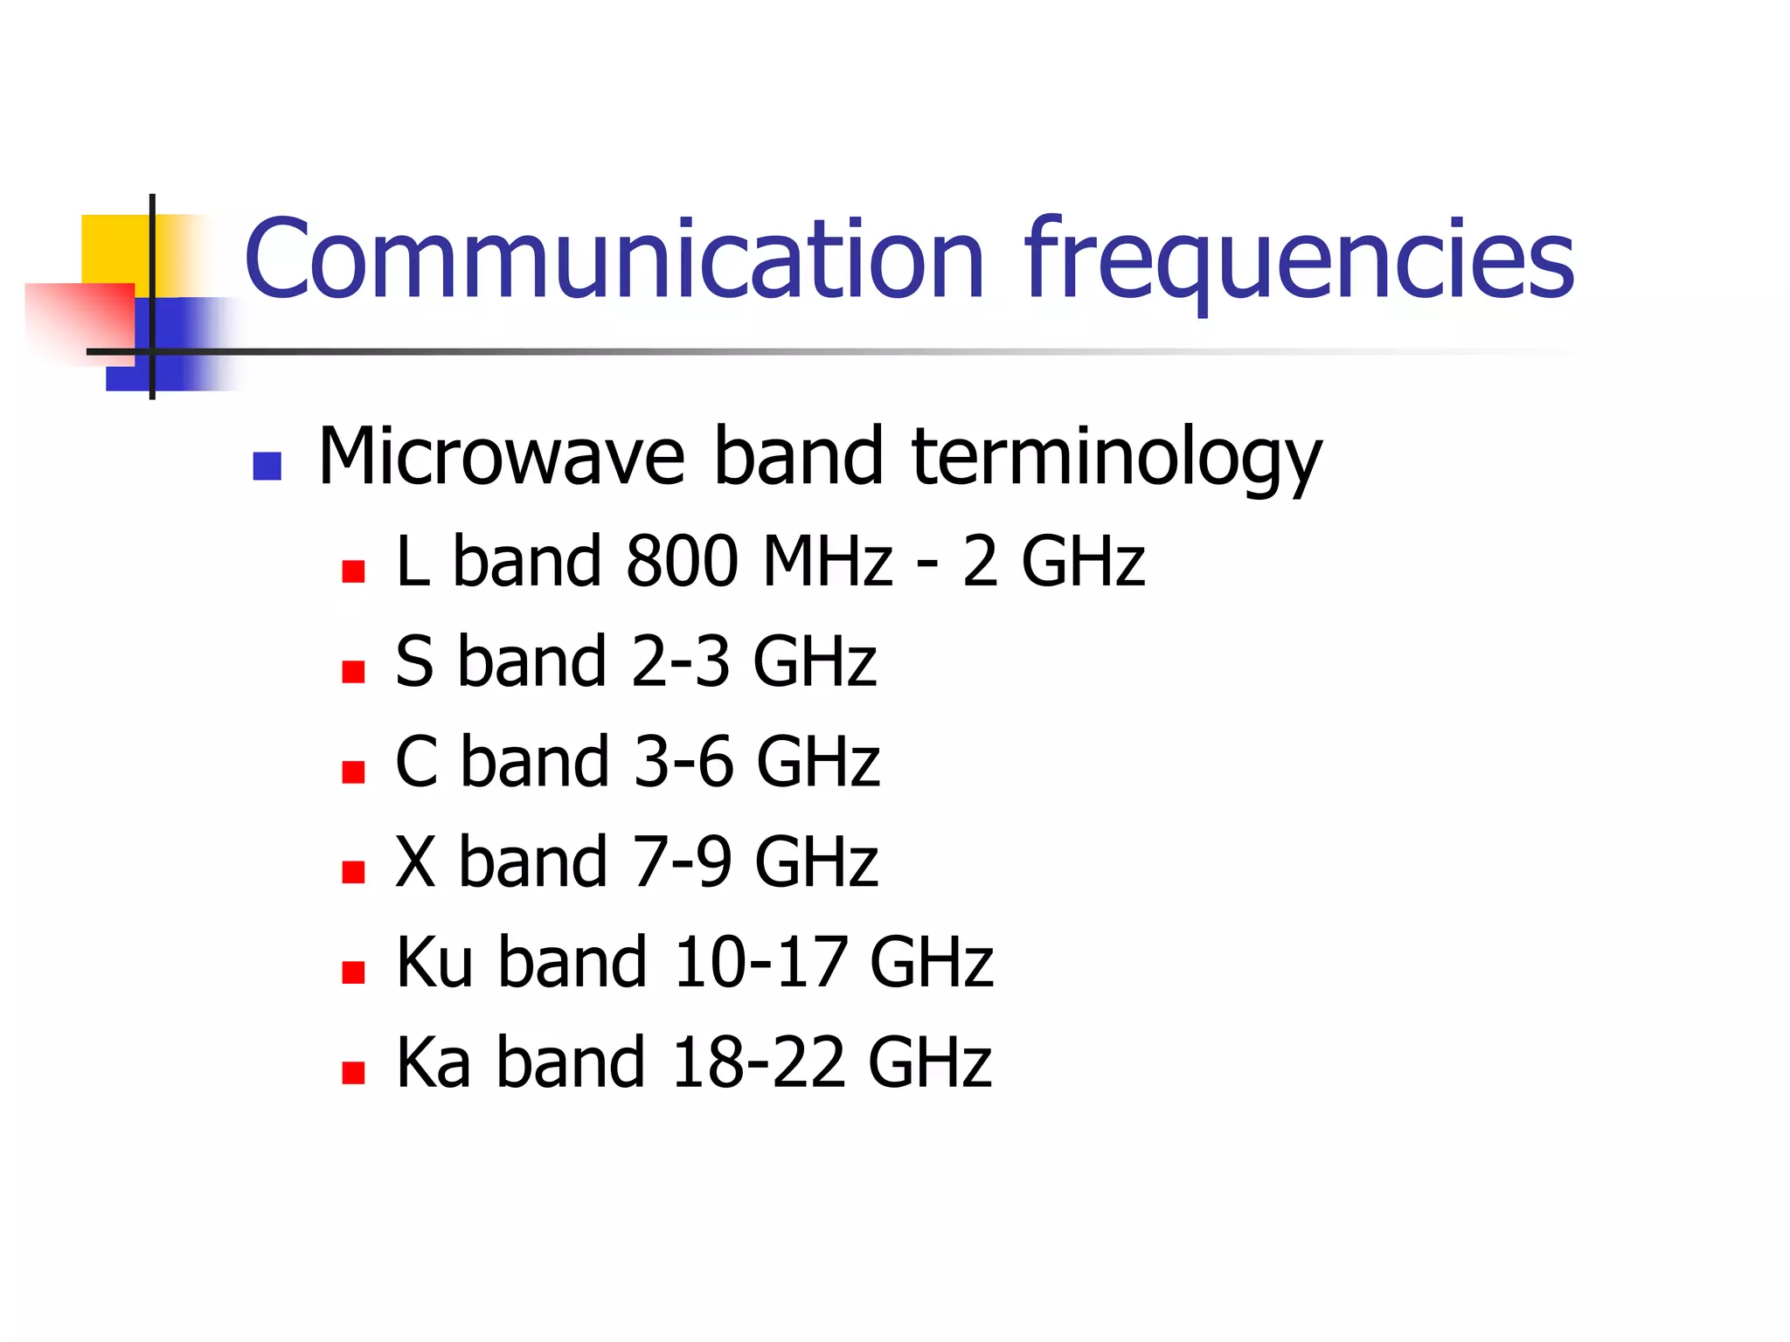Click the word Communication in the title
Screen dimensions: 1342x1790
(614, 259)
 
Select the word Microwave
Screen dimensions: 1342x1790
(502, 456)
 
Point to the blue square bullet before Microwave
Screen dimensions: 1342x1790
(267, 466)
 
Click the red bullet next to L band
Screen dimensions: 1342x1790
(353, 571)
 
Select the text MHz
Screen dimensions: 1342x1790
(827, 561)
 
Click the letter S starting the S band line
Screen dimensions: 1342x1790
(414, 661)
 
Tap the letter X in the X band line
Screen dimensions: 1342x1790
(415, 862)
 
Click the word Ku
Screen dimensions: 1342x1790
(434, 962)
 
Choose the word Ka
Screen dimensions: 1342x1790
(434, 1062)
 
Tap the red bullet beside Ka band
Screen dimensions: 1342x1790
(353, 1073)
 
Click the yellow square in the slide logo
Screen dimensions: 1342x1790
(114, 249)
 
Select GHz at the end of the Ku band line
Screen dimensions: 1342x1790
(932, 962)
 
